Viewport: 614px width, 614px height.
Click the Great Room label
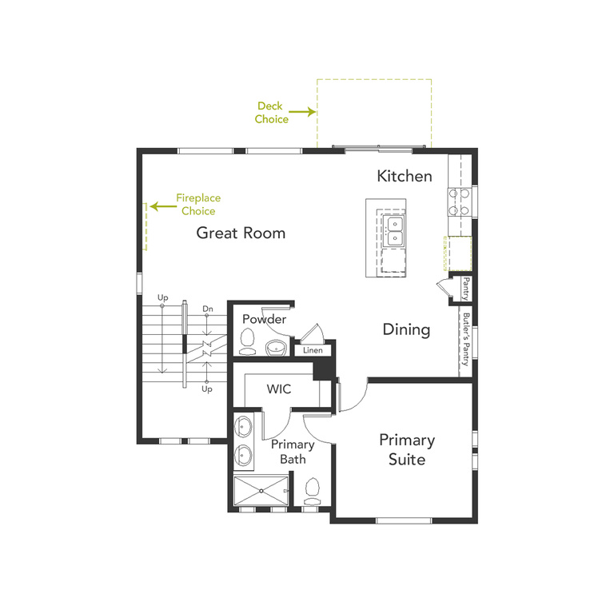coord(241,233)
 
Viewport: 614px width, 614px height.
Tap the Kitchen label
coord(405,176)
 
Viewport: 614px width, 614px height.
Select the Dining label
coord(406,329)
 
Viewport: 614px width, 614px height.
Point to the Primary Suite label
coord(407,449)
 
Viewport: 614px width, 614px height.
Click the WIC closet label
coord(279,389)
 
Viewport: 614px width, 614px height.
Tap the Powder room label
coord(264,319)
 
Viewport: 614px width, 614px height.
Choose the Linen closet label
coord(313,350)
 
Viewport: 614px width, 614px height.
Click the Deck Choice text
coord(272,113)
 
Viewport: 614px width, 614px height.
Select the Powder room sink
coord(276,347)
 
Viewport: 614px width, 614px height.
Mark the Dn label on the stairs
coord(208,308)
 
